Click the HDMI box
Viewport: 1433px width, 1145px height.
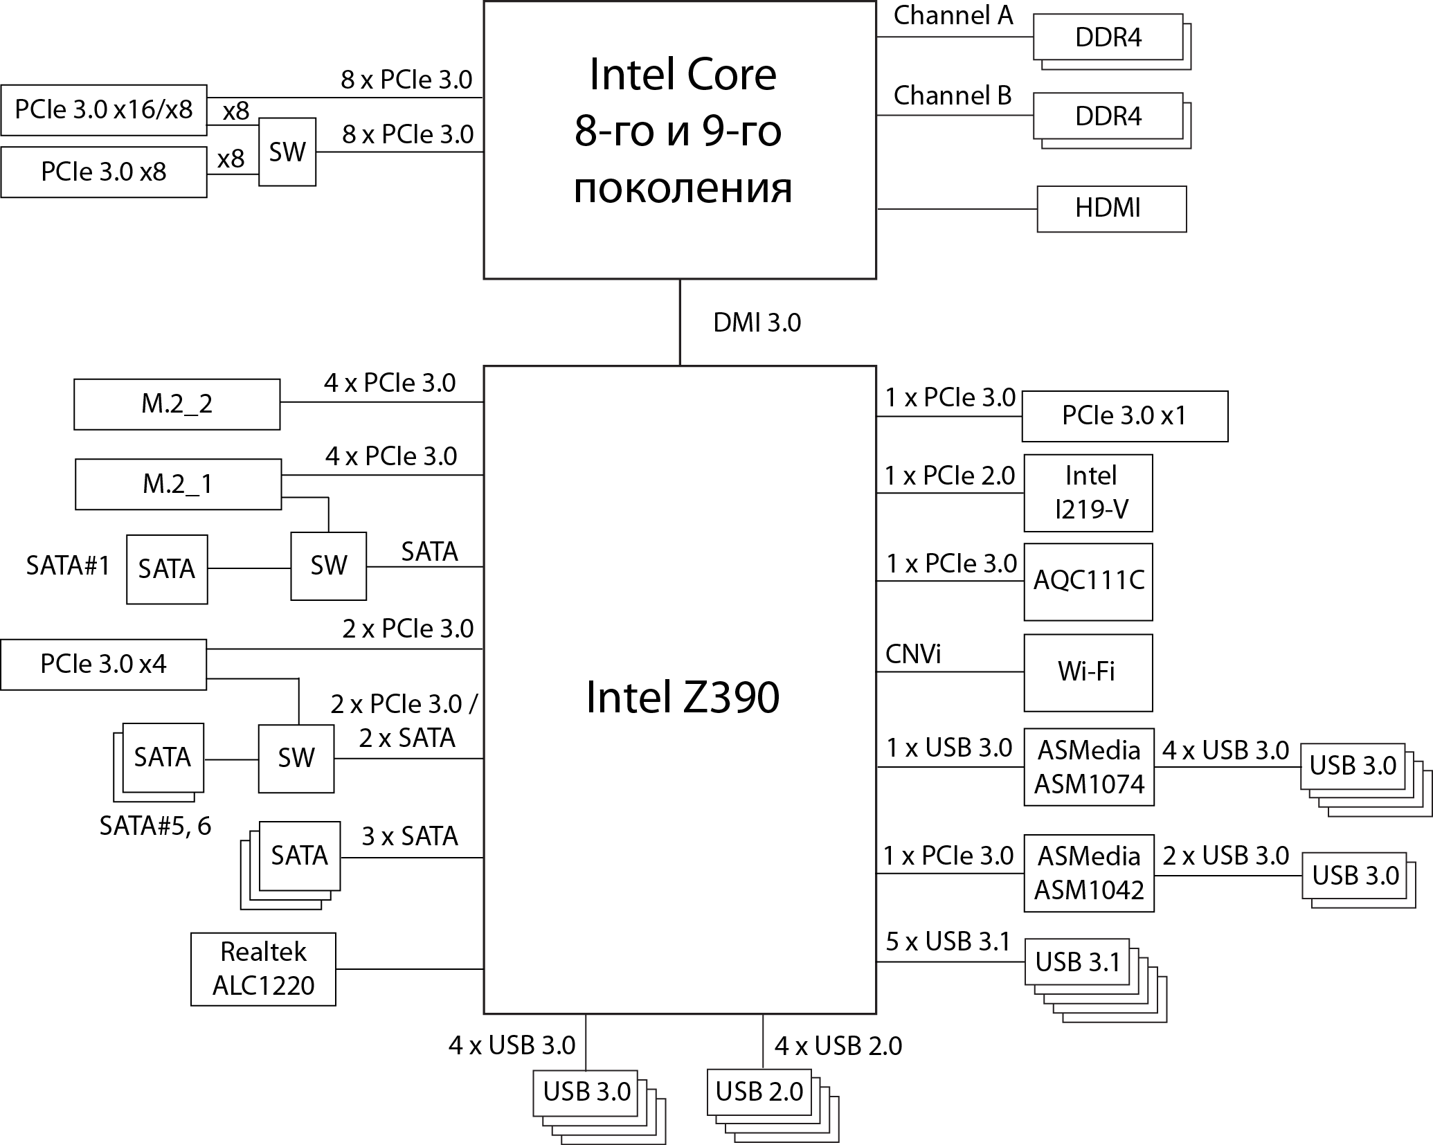(1110, 208)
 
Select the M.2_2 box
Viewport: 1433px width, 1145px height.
(177, 404)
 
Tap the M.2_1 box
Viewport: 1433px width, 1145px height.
(178, 484)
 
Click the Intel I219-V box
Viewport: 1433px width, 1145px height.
(1088, 492)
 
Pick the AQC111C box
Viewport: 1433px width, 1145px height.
(1088, 581)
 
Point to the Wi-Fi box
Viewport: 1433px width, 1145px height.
(1088, 672)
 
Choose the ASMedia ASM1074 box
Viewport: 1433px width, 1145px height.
(1088, 766)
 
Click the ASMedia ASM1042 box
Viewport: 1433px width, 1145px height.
(1088, 873)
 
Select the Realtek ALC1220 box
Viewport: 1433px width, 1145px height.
(263, 968)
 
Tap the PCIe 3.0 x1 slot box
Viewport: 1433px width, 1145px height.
(1124, 416)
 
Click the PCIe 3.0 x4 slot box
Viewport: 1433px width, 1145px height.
(103, 665)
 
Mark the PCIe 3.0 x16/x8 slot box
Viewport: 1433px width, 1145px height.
(103, 109)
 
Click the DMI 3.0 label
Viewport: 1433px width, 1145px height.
(757, 323)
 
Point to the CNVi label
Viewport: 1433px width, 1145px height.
(913, 654)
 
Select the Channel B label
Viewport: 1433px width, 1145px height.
(952, 96)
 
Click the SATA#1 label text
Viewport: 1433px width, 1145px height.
(68, 566)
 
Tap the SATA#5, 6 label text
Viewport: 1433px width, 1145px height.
(155, 826)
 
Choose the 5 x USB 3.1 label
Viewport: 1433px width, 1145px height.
(947, 941)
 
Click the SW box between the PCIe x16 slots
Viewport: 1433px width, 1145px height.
(287, 152)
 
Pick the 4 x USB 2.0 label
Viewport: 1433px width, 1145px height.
(838, 1046)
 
